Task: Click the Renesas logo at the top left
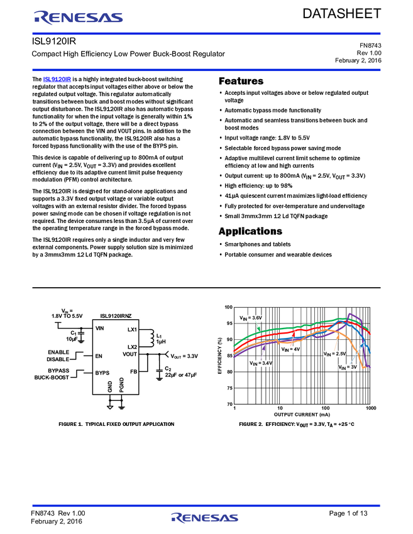point(78,18)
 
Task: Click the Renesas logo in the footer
point(204,518)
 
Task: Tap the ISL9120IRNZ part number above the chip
point(116,317)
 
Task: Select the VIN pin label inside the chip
point(100,329)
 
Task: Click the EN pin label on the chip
point(99,356)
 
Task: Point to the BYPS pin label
point(102,373)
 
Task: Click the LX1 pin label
point(131,329)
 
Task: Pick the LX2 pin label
point(131,347)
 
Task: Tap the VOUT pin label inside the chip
point(129,354)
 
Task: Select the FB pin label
point(133,372)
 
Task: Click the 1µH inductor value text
point(161,343)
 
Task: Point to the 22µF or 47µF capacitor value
point(182,375)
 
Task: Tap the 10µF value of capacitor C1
point(72,339)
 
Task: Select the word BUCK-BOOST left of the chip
point(52,378)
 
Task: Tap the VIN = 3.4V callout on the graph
point(261,363)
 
